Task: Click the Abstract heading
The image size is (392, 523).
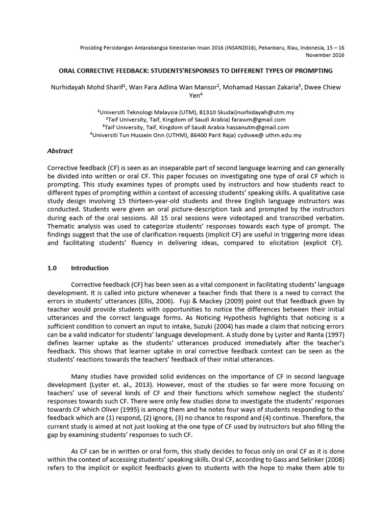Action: click(x=60, y=151)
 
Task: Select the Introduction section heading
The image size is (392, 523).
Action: click(x=89, y=268)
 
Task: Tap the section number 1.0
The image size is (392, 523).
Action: click(x=53, y=268)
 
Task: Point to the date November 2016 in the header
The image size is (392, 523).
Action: click(x=325, y=55)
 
